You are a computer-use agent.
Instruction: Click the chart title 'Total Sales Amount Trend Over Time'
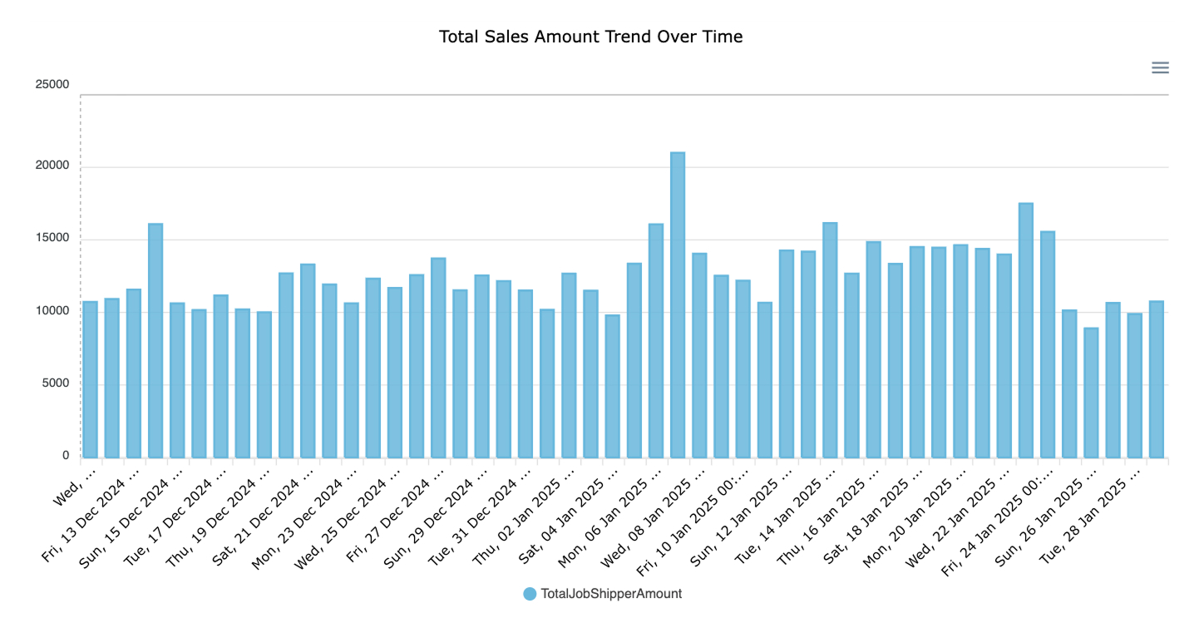pyautogui.click(x=590, y=37)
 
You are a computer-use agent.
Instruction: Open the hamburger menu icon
pyautogui.click(x=1160, y=68)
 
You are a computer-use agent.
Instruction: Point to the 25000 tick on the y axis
pyautogui.click(x=52, y=85)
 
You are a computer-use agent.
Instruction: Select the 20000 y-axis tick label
pyautogui.click(x=52, y=166)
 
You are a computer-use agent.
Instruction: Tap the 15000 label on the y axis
pyautogui.click(x=52, y=238)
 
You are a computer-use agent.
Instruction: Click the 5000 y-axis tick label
pyautogui.click(x=55, y=383)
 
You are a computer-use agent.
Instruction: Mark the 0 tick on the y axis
pyautogui.click(x=65, y=455)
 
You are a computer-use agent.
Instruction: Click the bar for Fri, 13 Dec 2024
pyautogui.click(x=133, y=373)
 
